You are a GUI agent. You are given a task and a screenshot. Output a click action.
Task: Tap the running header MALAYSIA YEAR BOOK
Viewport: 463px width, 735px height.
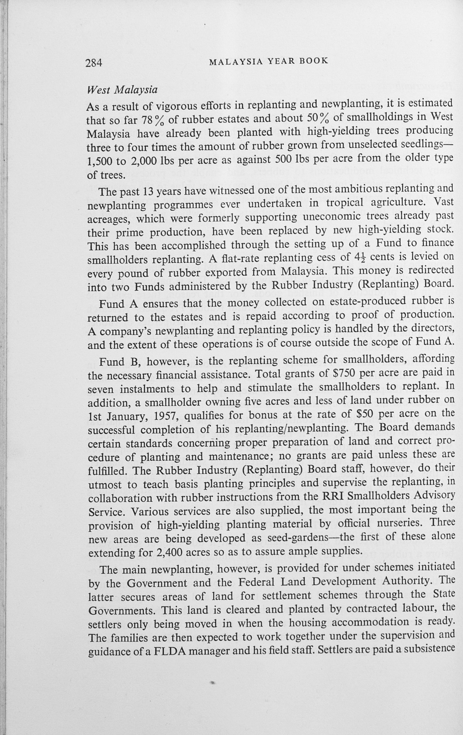[x=268, y=61]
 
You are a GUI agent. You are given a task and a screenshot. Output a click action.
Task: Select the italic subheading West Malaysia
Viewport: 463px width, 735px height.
[x=122, y=90]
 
